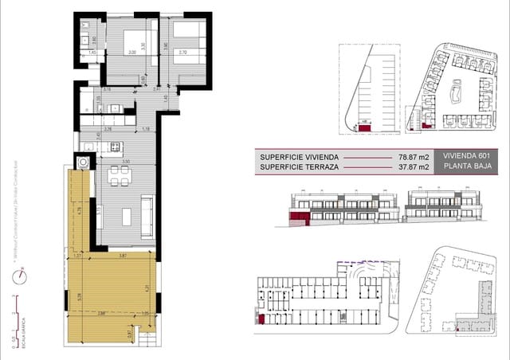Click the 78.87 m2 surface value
(414, 156)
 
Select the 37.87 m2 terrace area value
(414, 167)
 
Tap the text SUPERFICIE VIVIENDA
(299, 156)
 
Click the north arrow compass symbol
(20, 275)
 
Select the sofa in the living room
(148, 215)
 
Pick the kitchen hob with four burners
(114, 147)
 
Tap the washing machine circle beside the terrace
(82, 161)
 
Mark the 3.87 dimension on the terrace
(123, 255)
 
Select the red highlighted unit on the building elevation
(300, 216)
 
